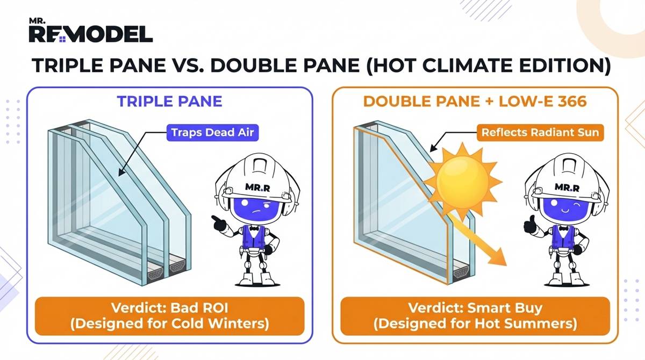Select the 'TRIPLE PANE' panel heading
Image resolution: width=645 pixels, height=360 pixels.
tap(170, 102)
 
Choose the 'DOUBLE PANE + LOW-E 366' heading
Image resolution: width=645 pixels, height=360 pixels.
tap(475, 102)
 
